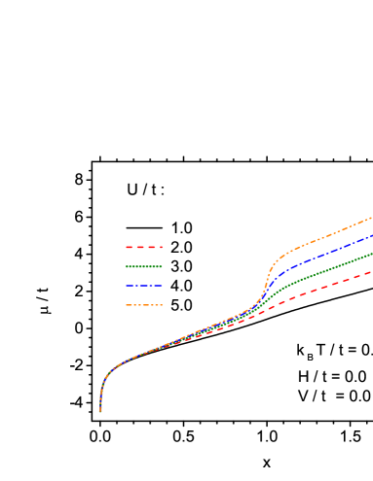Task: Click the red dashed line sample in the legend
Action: (144, 247)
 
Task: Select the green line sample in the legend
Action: (144, 266)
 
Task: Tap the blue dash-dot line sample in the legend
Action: (144, 286)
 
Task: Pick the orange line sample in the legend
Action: (144, 305)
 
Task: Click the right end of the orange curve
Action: (372, 218)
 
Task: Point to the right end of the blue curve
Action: (372, 235)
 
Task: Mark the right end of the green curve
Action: (372, 254)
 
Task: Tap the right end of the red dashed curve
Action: (372, 273)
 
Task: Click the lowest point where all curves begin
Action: (100, 411)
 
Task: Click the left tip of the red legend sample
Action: (126, 247)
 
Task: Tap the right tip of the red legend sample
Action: (163, 247)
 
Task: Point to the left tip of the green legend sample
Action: (126, 266)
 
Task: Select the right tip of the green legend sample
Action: (163, 266)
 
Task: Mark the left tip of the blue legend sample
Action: (126, 286)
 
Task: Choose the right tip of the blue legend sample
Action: (163, 286)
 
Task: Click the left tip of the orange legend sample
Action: (126, 305)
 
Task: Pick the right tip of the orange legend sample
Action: (163, 305)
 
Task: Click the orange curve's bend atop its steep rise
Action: (276, 260)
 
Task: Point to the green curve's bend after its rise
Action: (279, 289)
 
